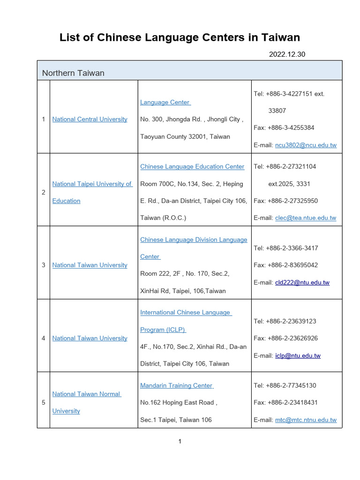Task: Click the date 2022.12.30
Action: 287,54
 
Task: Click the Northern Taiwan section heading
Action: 73,73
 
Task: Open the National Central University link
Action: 90,119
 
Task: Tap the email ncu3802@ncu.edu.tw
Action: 306,145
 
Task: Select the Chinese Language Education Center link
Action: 192,166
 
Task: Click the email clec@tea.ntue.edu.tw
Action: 306,217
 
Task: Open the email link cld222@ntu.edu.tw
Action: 302,282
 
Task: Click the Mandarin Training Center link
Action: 176,385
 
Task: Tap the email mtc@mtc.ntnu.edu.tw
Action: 306,420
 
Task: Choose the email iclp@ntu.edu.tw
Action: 298,355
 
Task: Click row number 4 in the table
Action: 44,338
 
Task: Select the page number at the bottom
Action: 180,441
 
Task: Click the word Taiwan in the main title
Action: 280,37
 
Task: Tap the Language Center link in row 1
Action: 165,102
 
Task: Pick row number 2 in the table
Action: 44,192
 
